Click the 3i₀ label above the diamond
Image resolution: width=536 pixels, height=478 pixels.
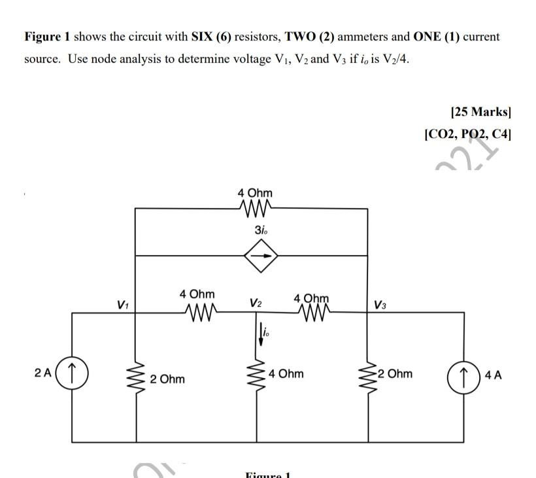[x=260, y=230]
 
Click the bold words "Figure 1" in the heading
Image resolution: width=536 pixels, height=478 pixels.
[x=48, y=37]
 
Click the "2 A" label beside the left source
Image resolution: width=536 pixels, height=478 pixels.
[x=41, y=373]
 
